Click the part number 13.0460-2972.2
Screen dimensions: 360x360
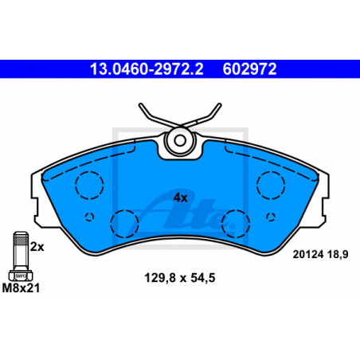click(x=147, y=69)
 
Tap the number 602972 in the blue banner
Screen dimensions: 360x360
click(x=249, y=69)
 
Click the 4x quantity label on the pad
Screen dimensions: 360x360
click(x=181, y=198)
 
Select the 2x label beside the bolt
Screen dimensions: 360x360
click(x=37, y=247)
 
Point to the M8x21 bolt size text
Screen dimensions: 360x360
click(x=21, y=288)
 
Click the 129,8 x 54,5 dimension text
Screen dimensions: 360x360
click(x=180, y=278)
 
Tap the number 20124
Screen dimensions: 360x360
click(x=308, y=254)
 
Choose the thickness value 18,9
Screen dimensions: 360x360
click(x=338, y=254)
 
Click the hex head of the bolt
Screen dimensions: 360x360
click(x=21, y=276)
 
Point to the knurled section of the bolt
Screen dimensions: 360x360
click(x=21, y=241)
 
